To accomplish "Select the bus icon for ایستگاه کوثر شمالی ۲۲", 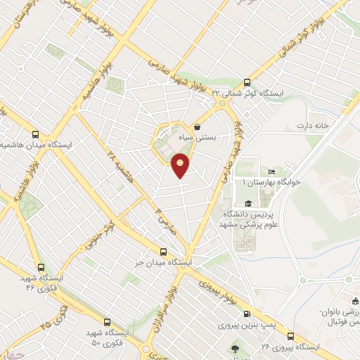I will click(246, 82).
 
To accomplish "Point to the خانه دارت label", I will click(312, 126).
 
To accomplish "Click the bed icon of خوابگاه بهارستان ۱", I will click(271, 172).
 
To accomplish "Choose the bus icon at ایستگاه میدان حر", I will click(163, 252).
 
